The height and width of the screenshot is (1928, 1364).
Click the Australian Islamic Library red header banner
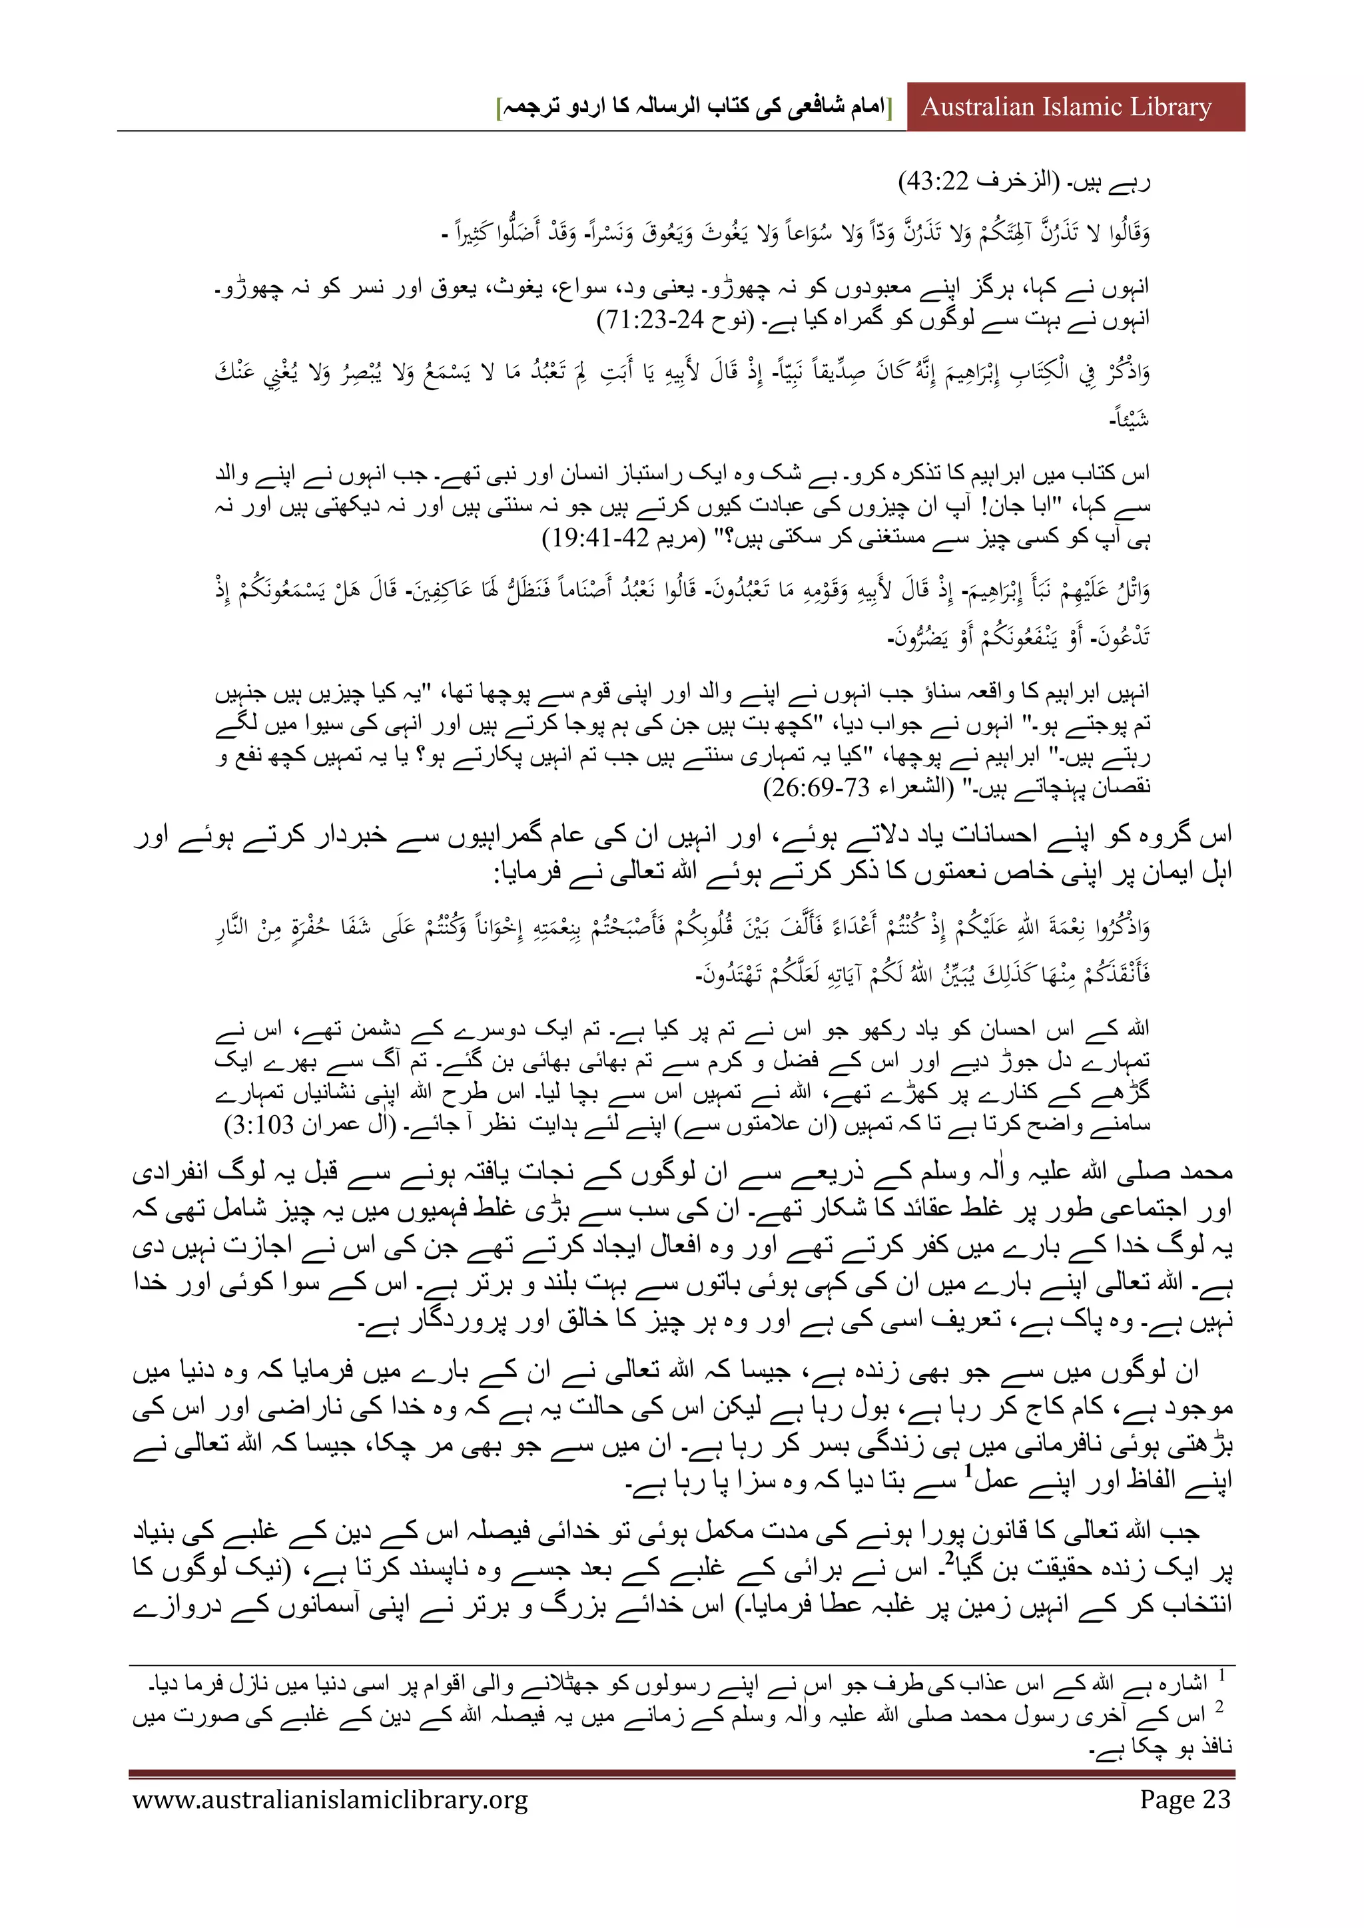pos(1075,107)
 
